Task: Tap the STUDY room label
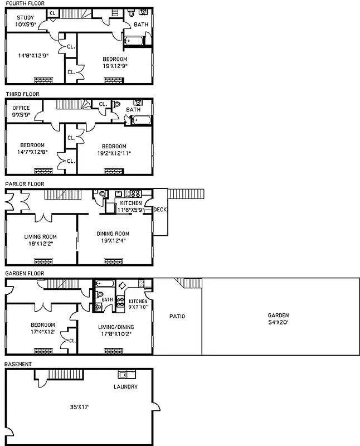tap(25, 17)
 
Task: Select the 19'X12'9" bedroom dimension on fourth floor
tap(115, 65)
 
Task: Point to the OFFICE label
tap(21, 108)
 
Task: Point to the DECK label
tap(160, 210)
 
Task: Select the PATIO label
tap(177, 316)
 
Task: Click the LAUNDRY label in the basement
tap(125, 387)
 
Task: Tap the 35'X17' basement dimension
tap(77, 407)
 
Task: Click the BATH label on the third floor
tap(133, 110)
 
